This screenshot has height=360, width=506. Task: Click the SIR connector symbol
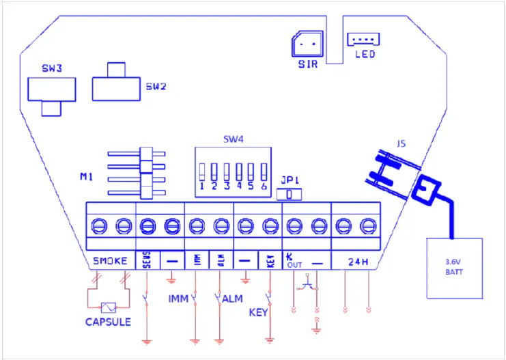[305, 44]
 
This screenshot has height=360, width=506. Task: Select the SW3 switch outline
[50, 89]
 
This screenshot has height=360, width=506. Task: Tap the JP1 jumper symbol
[292, 195]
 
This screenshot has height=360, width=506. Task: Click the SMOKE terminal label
[110, 262]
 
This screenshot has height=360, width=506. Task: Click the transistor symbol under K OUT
[309, 285]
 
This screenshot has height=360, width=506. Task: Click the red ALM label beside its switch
[233, 299]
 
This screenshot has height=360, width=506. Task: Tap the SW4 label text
[232, 139]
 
